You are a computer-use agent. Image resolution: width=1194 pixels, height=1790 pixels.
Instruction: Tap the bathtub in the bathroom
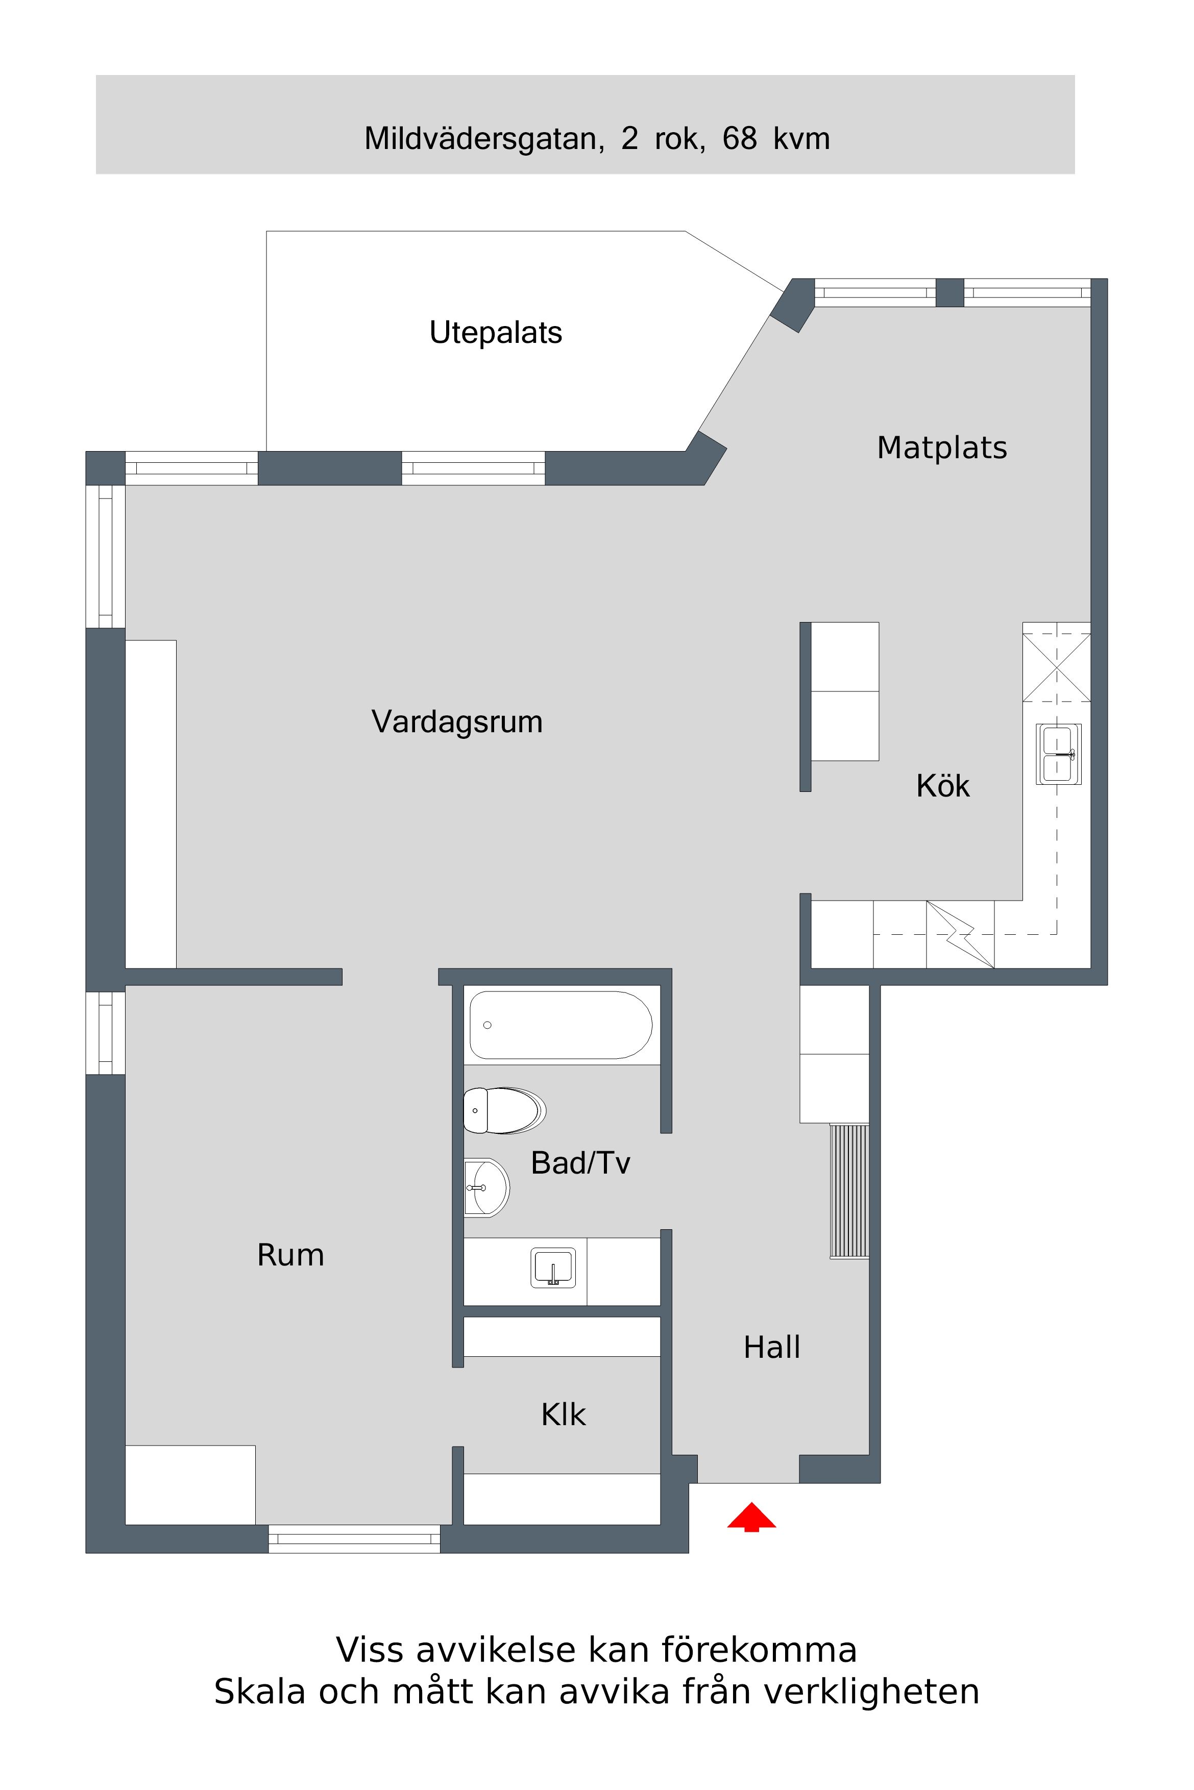pyautogui.click(x=561, y=1025)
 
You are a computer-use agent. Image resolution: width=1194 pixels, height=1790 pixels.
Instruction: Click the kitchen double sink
pyautogui.click(x=1058, y=754)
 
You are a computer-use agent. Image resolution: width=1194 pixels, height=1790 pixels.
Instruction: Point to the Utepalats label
pyautogui.click(x=496, y=333)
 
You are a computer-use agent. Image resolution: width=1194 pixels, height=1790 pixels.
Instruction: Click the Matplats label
pyautogui.click(x=942, y=448)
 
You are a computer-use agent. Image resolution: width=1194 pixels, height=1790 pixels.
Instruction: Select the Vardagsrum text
pyautogui.click(x=457, y=722)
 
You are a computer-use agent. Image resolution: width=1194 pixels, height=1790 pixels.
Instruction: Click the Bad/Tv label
pyautogui.click(x=580, y=1163)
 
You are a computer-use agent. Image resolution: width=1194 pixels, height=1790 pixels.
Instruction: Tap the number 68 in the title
pyautogui.click(x=739, y=138)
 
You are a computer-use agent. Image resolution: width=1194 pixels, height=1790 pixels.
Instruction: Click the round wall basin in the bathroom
pyautogui.click(x=486, y=1187)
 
